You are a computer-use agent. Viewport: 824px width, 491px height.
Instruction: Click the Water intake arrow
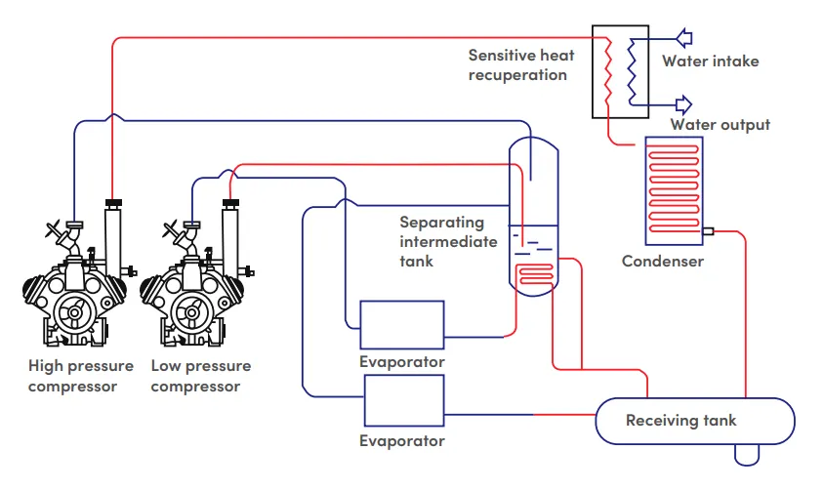click(684, 38)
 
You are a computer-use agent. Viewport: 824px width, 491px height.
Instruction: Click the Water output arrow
click(684, 103)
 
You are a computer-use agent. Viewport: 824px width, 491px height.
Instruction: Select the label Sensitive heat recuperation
click(517, 65)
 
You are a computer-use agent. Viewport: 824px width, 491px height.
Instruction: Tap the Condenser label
click(663, 262)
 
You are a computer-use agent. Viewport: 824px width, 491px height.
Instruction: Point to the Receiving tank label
click(681, 421)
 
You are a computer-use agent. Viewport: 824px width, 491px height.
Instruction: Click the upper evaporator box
click(401, 324)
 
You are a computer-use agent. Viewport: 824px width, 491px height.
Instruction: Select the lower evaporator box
click(404, 400)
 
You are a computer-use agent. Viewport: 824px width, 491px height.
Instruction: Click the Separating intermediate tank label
click(448, 241)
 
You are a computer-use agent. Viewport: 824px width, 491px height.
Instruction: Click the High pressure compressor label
click(80, 376)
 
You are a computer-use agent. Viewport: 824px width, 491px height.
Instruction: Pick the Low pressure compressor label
click(200, 376)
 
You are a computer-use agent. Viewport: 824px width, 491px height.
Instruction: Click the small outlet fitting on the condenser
click(709, 231)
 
